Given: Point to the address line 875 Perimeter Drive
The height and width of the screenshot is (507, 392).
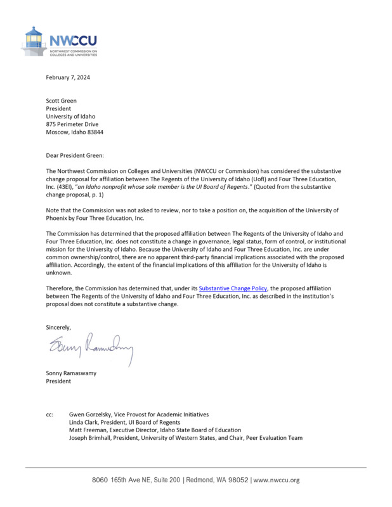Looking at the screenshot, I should click(75, 124).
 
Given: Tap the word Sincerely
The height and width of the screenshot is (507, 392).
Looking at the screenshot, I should click(58, 327).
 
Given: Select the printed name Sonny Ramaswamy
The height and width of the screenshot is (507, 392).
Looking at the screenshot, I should click(71, 373).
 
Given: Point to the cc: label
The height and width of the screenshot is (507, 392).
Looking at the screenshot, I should click(50, 414).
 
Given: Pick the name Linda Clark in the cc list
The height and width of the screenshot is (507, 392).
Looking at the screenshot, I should click(85, 422).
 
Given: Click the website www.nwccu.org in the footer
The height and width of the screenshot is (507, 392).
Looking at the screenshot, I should click(276, 480).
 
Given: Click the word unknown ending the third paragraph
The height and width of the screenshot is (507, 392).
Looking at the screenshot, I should click(59, 273).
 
